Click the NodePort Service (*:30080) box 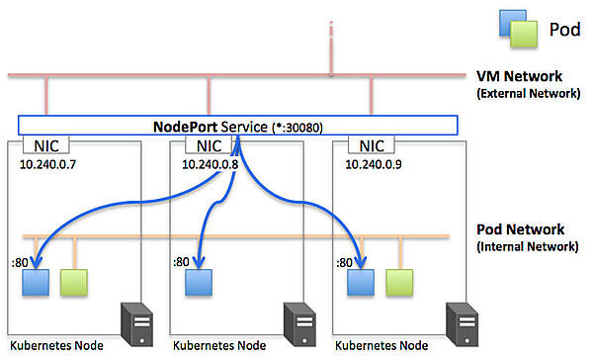[x=237, y=127]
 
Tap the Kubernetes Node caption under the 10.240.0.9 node [x=382, y=347]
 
